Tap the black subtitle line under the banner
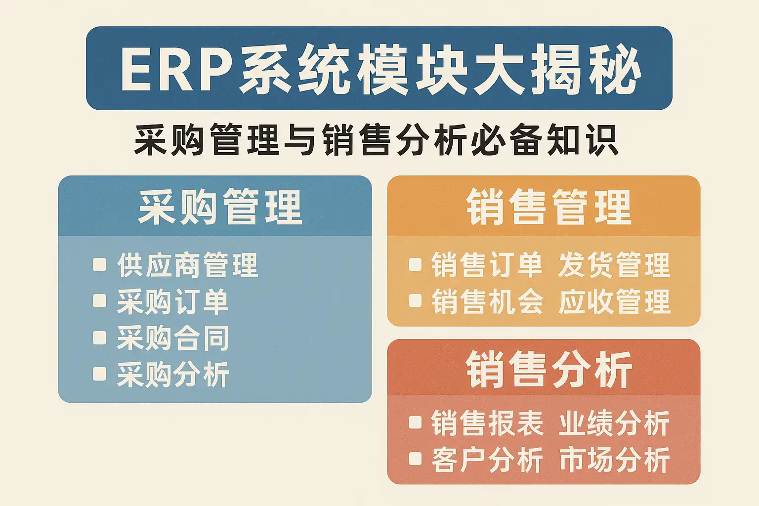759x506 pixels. (x=376, y=140)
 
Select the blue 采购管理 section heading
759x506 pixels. (x=220, y=207)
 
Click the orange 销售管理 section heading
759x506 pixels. (x=549, y=207)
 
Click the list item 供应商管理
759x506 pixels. (x=188, y=265)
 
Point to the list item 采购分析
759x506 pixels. (x=173, y=374)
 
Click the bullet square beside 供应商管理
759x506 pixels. (x=99, y=265)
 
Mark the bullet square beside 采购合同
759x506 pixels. (x=99, y=337)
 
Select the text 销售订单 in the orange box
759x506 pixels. (x=487, y=265)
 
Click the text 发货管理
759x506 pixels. (x=614, y=265)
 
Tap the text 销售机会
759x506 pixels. (x=487, y=301)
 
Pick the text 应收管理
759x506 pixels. (x=614, y=301)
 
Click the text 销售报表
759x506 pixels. (x=487, y=423)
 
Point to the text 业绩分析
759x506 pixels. (x=614, y=423)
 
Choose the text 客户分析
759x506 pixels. (x=487, y=460)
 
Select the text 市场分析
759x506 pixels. (x=614, y=460)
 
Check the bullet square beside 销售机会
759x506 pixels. (x=415, y=300)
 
